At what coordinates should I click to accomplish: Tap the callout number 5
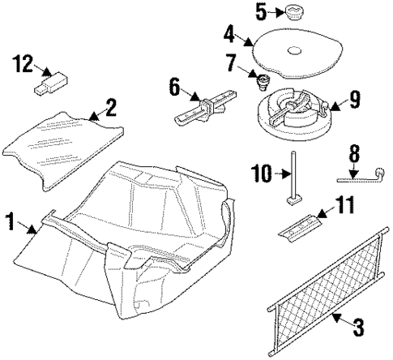point(260,11)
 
